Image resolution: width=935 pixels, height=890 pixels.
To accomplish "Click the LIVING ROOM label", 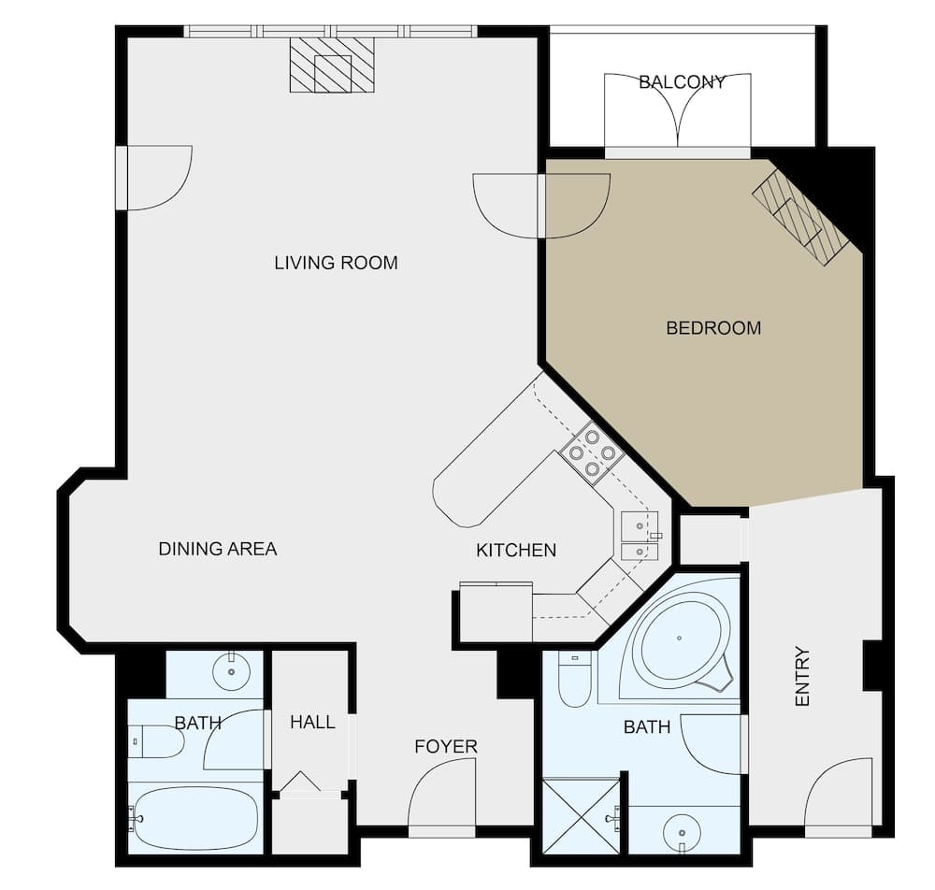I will click(336, 263).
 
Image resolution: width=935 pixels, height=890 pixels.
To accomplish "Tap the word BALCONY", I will click(682, 82).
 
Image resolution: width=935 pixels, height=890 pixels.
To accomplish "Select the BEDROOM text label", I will click(712, 328).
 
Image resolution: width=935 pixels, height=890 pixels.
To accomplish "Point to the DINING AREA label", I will click(217, 549).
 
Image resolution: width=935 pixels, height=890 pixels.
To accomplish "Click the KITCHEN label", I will click(516, 551).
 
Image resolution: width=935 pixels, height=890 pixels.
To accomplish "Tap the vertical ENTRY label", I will click(801, 676).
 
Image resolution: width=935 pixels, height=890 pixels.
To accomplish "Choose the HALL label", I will click(312, 722).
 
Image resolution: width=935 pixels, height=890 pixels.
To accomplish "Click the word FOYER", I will click(446, 746).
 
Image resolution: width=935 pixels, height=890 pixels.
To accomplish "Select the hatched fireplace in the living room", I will click(332, 65).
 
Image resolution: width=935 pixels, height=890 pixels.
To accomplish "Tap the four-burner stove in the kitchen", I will click(593, 452).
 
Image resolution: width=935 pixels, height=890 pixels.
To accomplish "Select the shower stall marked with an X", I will click(580, 816).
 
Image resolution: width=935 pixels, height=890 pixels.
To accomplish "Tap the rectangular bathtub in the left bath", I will click(194, 818).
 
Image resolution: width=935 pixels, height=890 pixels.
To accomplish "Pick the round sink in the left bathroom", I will click(231, 670).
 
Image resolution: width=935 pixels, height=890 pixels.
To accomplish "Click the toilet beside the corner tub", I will click(574, 680).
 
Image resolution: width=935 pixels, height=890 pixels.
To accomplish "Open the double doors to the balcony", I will click(678, 111).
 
